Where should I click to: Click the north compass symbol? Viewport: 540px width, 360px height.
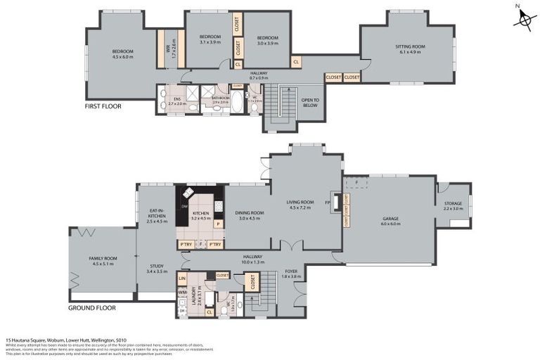click(523, 18)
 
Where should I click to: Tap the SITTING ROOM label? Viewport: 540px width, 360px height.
click(410, 46)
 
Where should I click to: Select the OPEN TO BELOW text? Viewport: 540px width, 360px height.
click(310, 103)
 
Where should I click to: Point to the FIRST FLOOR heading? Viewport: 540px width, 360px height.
click(103, 106)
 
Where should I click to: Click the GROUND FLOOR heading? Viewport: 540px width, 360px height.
click(91, 308)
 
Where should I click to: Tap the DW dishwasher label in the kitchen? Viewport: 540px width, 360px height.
click(185, 206)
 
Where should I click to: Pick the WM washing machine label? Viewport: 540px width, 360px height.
click(182, 291)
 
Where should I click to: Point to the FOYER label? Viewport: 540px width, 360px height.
click(291, 271)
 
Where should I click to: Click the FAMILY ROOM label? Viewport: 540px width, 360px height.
click(103, 259)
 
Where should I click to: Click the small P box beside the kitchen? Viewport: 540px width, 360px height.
click(218, 224)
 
